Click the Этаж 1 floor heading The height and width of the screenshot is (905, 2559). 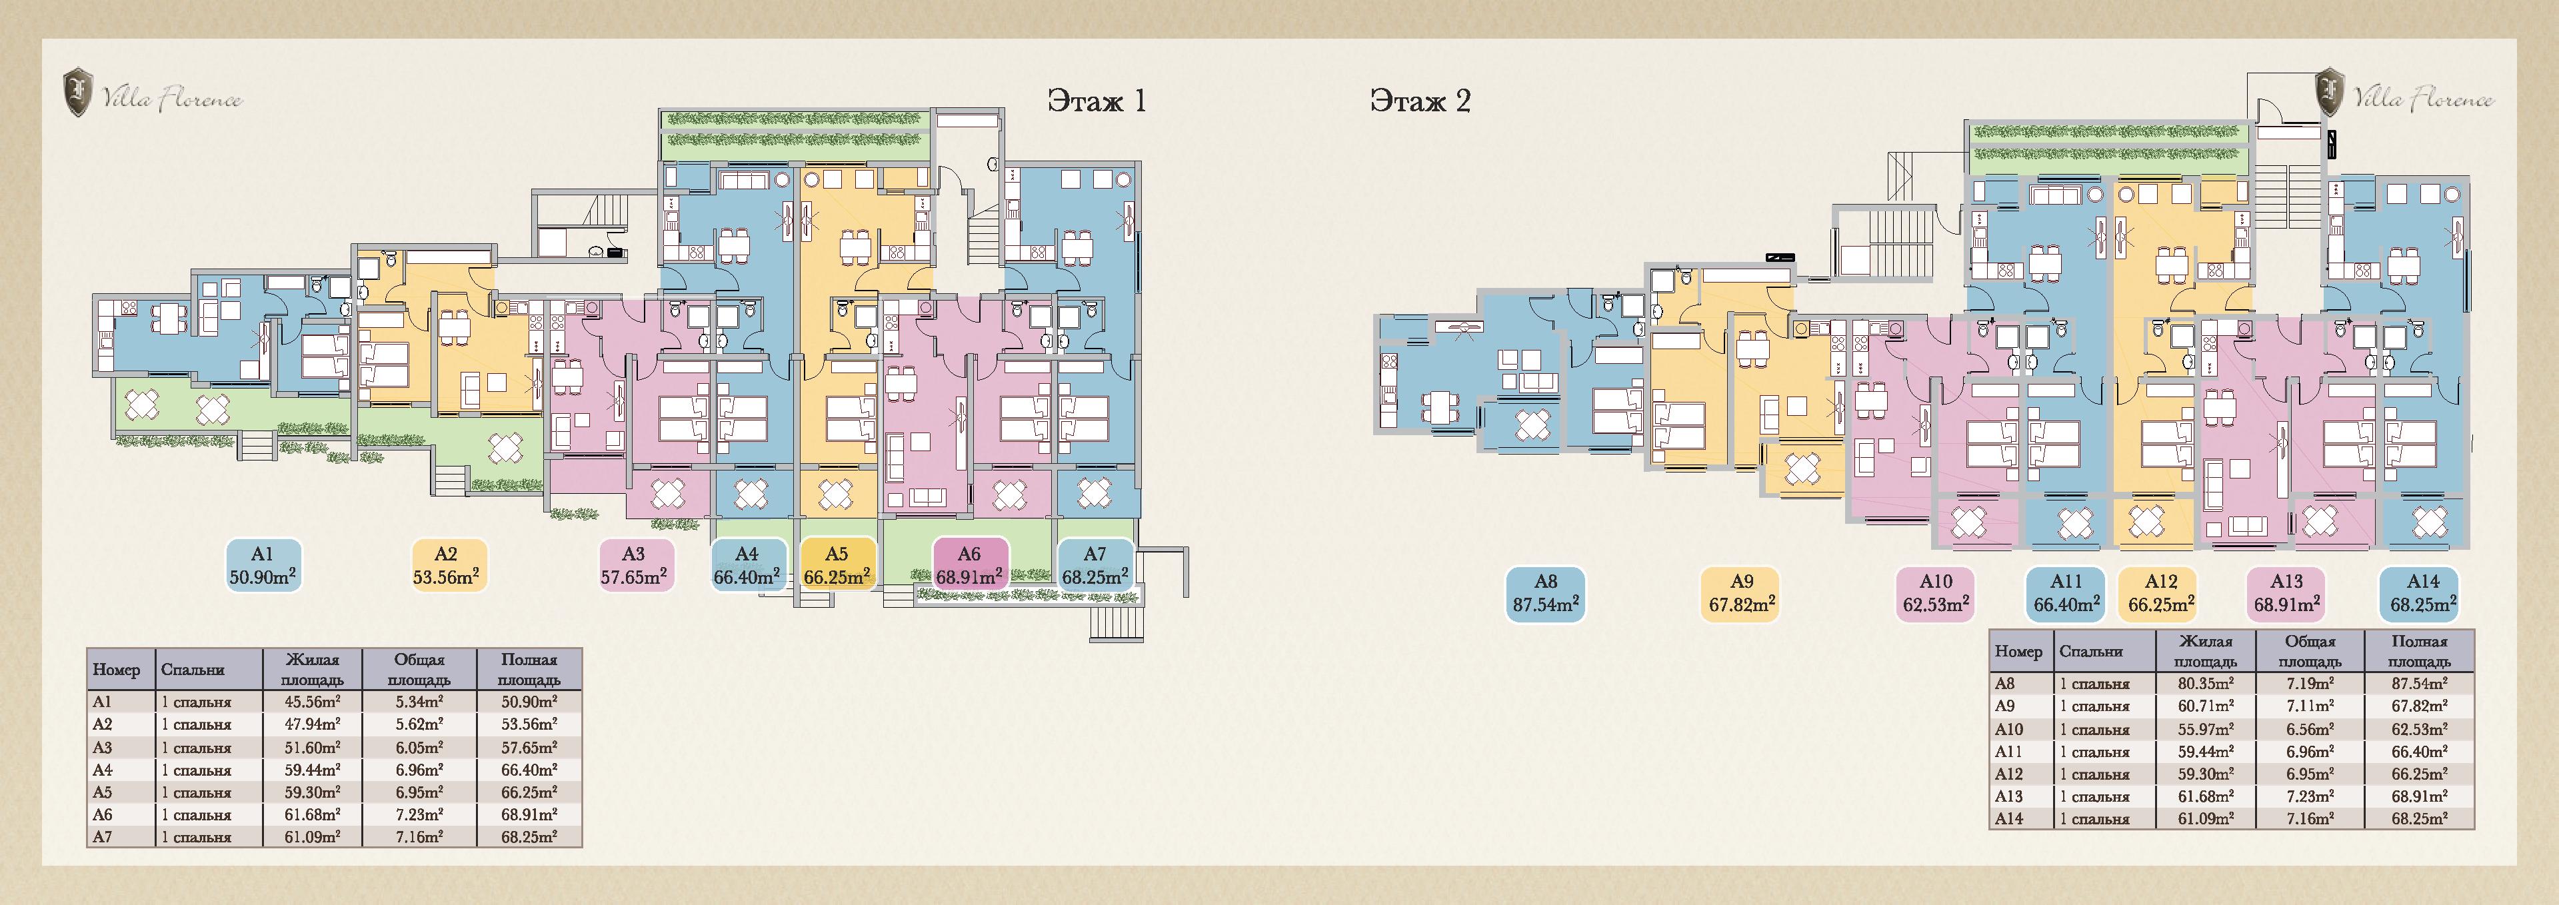(x=1097, y=101)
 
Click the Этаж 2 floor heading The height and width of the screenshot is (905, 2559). (x=1420, y=101)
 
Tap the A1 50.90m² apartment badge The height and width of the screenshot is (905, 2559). (x=262, y=565)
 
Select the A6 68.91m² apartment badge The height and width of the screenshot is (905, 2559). (x=970, y=565)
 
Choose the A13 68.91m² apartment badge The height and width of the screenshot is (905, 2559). (x=2286, y=594)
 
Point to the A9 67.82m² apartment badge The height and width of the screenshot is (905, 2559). (x=1740, y=594)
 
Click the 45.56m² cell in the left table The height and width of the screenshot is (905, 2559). (x=313, y=701)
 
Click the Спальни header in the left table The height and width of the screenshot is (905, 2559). (x=193, y=670)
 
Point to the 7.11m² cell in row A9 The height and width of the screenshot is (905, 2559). (x=2310, y=706)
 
